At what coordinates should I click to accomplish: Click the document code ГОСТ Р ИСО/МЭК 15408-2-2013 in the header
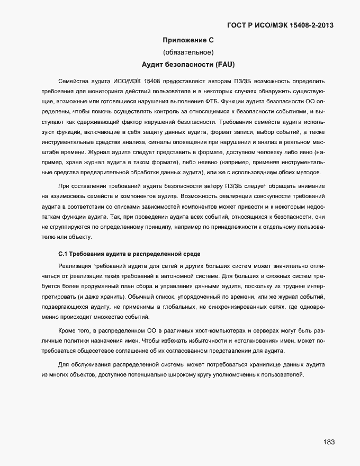point(280,25)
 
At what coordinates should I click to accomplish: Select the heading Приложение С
point(187,40)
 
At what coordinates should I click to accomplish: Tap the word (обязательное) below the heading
point(188,52)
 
